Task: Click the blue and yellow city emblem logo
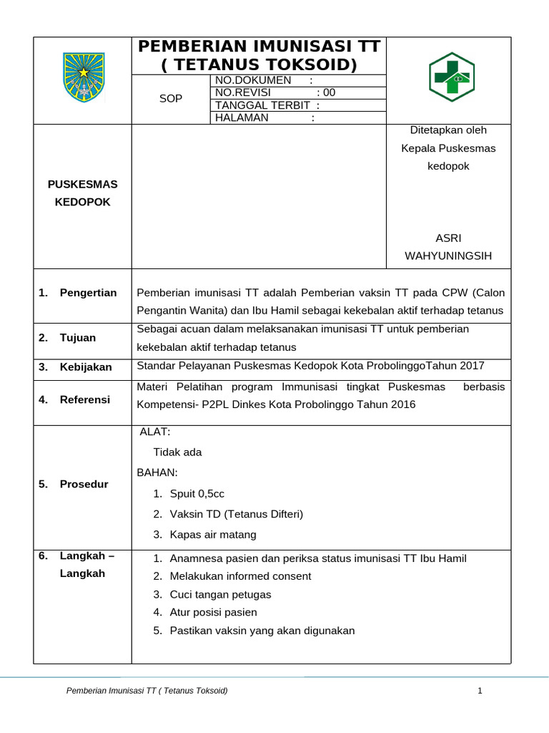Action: [83, 77]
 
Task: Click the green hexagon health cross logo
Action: [450, 77]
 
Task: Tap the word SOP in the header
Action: [171, 99]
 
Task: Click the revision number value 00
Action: [329, 92]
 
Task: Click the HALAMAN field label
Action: [242, 118]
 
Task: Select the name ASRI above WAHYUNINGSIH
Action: [448, 238]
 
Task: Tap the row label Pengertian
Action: [88, 293]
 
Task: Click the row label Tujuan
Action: [77, 338]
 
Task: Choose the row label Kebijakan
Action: [86, 367]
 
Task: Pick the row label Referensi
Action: [84, 399]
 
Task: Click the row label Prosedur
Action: [84, 484]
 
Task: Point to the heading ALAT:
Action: [155, 432]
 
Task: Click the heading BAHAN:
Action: [157, 472]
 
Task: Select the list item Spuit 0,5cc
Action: [197, 494]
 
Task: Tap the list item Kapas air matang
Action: [212, 535]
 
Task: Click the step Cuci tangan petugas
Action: [220, 595]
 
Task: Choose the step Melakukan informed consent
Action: [240, 576]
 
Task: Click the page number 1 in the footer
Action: [480, 691]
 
